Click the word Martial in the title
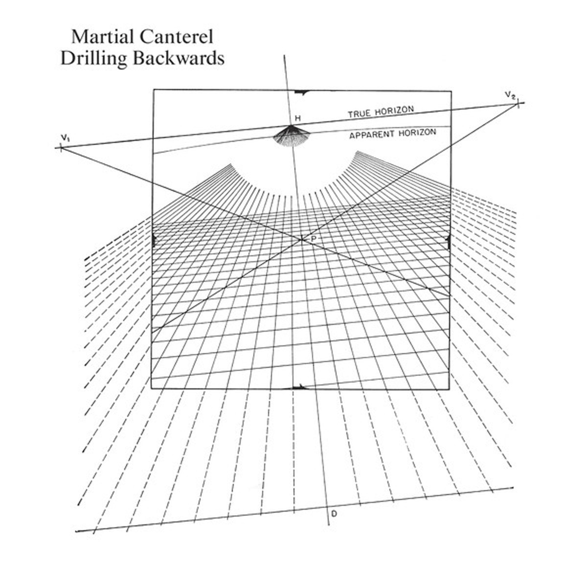(x=99, y=37)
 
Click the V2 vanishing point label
(x=510, y=94)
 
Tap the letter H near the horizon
(x=297, y=118)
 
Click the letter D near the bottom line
(x=334, y=513)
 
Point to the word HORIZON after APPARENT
(x=417, y=133)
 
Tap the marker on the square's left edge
(x=154, y=240)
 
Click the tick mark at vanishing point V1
(x=61, y=147)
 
